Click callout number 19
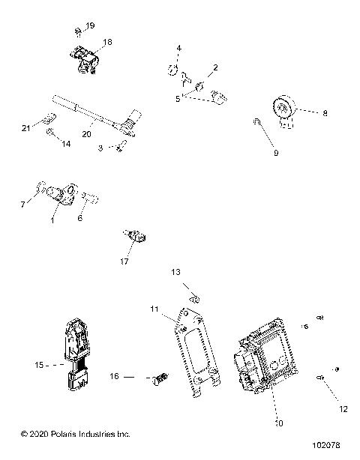click(x=91, y=26)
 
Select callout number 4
click(x=178, y=49)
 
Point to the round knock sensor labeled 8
click(x=284, y=110)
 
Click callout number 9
click(x=275, y=153)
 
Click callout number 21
click(x=25, y=129)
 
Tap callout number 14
click(x=66, y=143)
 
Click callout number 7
click(x=22, y=204)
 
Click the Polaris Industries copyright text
click(x=65, y=434)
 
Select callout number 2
click(x=215, y=67)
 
